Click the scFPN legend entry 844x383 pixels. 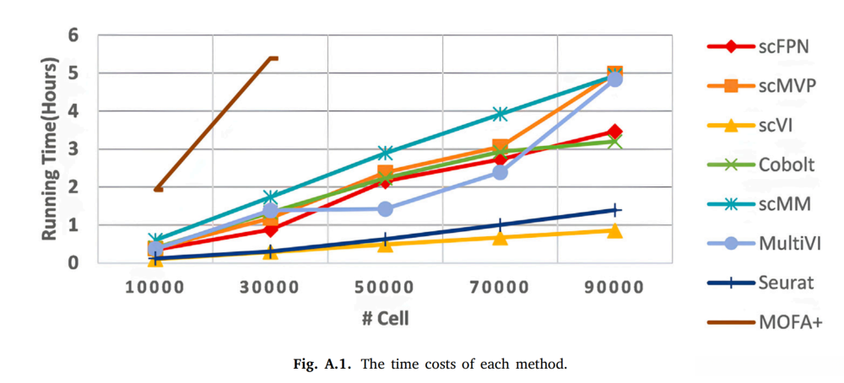(784, 46)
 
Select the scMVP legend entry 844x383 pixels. (786, 85)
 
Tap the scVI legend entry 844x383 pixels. (778, 125)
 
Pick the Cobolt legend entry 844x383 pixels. (786, 164)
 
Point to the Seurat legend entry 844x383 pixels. (786, 283)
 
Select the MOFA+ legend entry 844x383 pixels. (789, 321)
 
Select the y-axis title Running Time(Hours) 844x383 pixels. (50, 148)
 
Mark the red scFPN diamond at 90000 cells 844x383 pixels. (614, 132)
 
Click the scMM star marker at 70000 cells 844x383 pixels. (500, 114)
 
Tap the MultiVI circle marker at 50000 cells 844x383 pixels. (385, 208)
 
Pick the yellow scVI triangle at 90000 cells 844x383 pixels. (614, 230)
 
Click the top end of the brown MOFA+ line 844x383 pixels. (273, 58)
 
